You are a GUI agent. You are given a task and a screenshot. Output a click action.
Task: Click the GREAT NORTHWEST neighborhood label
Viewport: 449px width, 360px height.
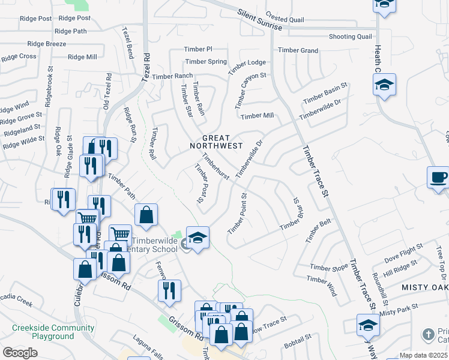(x=216, y=142)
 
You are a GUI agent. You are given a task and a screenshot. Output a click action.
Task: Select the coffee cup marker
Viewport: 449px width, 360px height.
(x=438, y=178)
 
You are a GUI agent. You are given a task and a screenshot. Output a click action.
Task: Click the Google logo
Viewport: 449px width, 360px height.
(x=20, y=352)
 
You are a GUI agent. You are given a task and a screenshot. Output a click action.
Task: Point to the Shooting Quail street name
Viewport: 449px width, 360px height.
(x=351, y=37)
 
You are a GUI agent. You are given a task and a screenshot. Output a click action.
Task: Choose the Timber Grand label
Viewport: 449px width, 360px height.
(x=298, y=50)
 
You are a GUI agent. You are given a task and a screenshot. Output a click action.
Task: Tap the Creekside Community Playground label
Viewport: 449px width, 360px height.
(x=53, y=332)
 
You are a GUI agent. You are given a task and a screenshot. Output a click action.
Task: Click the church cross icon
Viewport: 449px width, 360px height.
(x=428, y=334)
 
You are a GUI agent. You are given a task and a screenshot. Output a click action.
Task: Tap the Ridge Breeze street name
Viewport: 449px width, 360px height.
(x=47, y=44)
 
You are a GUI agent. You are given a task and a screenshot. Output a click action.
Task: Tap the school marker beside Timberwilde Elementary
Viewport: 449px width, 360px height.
(x=197, y=238)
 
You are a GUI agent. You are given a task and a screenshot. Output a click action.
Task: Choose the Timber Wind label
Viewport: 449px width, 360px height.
(x=322, y=286)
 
